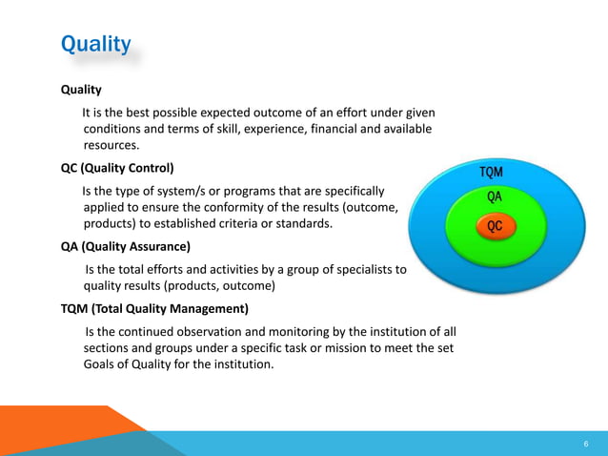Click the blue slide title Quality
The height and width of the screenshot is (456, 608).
click(95, 44)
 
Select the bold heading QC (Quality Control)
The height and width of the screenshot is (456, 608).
click(117, 168)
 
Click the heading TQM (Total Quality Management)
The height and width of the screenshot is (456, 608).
click(153, 308)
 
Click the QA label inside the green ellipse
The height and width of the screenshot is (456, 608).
click(494, 197)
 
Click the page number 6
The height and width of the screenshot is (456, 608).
click(585, 445)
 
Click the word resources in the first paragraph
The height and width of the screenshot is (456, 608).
click(111, 146)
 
